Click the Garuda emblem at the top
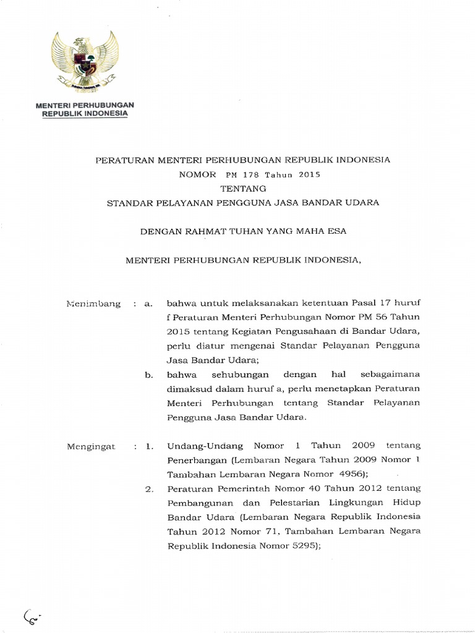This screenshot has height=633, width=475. (x=87, y=62)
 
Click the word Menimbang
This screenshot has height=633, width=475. (x=93, y=304)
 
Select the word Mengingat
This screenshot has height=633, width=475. (x=92, y=446)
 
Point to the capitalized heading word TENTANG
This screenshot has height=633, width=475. (x=242, y=189)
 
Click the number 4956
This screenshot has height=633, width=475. (x=351, y=474)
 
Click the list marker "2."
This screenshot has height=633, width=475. (x=148, y=489)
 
